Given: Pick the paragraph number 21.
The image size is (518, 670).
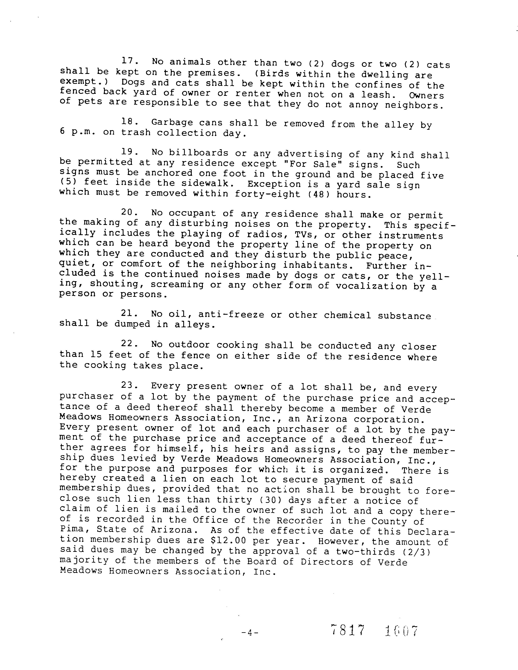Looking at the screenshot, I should pyautogui.click(x=128, y=313).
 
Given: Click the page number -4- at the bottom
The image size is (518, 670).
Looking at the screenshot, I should pyautogui.click(x=250, y=632).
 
